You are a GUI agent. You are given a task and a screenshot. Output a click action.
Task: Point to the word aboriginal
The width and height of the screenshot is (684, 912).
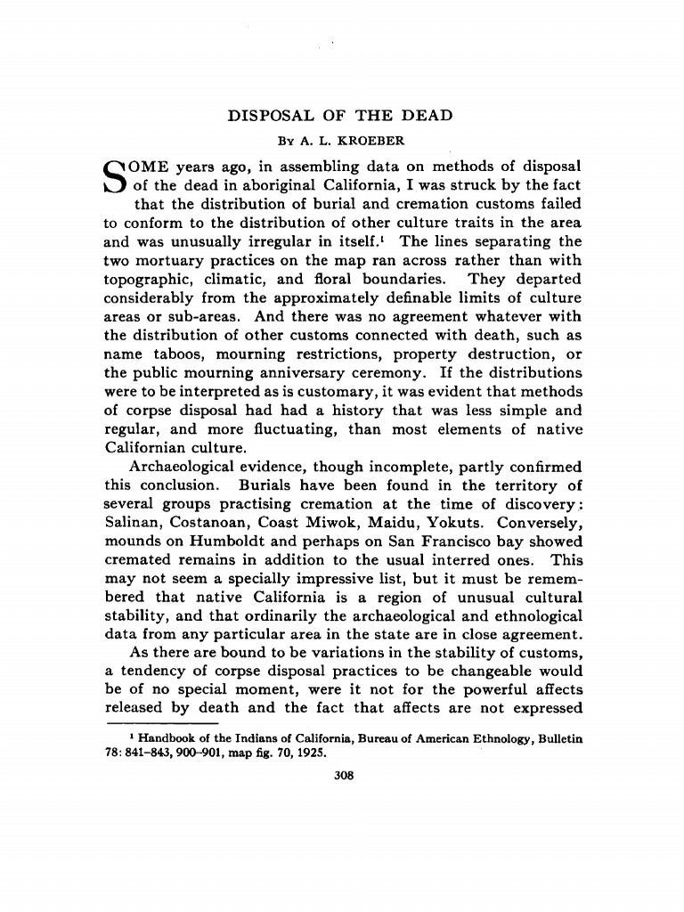272,185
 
